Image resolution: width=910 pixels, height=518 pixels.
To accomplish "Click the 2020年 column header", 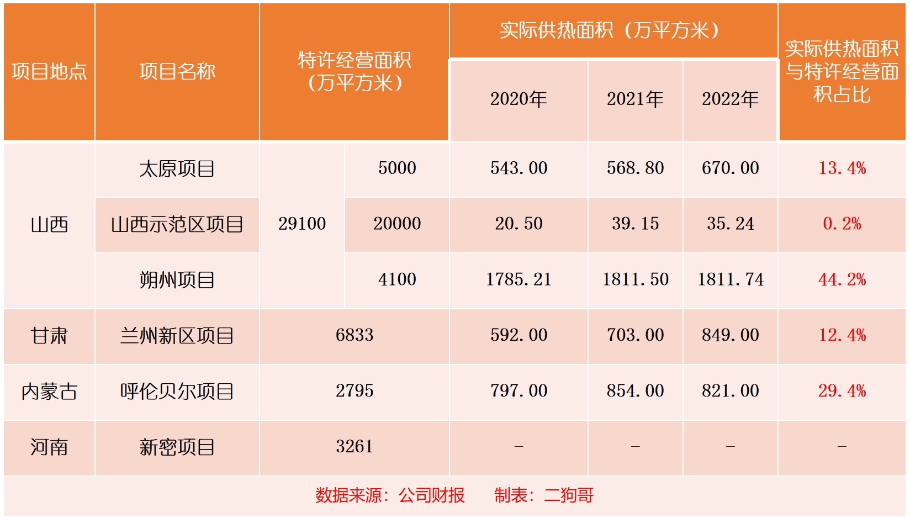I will click(x=519, y=99).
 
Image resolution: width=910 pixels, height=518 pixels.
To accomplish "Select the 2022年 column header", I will click(x=730, y=99).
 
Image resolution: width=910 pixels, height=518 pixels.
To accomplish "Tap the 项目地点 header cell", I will click(x=49, y=72).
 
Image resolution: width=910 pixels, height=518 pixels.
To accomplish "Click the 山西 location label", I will click(x=49, y=225).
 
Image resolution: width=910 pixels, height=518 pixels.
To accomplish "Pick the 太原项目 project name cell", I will click(x=177, y=168).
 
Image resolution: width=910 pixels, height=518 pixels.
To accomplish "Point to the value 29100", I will click(x=302, y=224).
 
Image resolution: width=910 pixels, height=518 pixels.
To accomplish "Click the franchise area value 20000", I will click(x=397, y=224).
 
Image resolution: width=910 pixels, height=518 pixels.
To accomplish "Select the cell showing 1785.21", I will click(x=519, y=279).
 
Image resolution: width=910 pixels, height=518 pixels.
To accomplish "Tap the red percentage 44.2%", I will click(x=842, y=279).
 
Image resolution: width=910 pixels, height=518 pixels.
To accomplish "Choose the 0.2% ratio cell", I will click(x=842, y=224).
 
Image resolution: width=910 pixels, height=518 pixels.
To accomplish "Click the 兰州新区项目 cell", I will click(x=177, y=335).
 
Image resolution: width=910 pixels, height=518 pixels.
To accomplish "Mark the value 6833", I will click(x=355, y=335).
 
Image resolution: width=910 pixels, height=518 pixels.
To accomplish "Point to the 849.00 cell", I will click(x=730, y=335).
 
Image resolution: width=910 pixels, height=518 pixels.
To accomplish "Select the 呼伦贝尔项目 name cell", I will click(x=177, y=391).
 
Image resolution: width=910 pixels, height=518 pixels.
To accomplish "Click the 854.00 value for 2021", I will click(x=635, y=391).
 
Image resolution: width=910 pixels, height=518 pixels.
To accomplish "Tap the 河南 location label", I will click(x=49, y=447).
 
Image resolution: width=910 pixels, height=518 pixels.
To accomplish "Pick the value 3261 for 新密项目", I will click(x=355, y=447).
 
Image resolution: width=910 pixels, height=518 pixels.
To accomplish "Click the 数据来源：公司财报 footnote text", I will click(x=390, y=495).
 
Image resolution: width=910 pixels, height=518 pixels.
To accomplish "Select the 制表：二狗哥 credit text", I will click(x=544, y=495).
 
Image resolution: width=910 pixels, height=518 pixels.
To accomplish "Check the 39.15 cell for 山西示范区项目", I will click(x=635, y=224).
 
